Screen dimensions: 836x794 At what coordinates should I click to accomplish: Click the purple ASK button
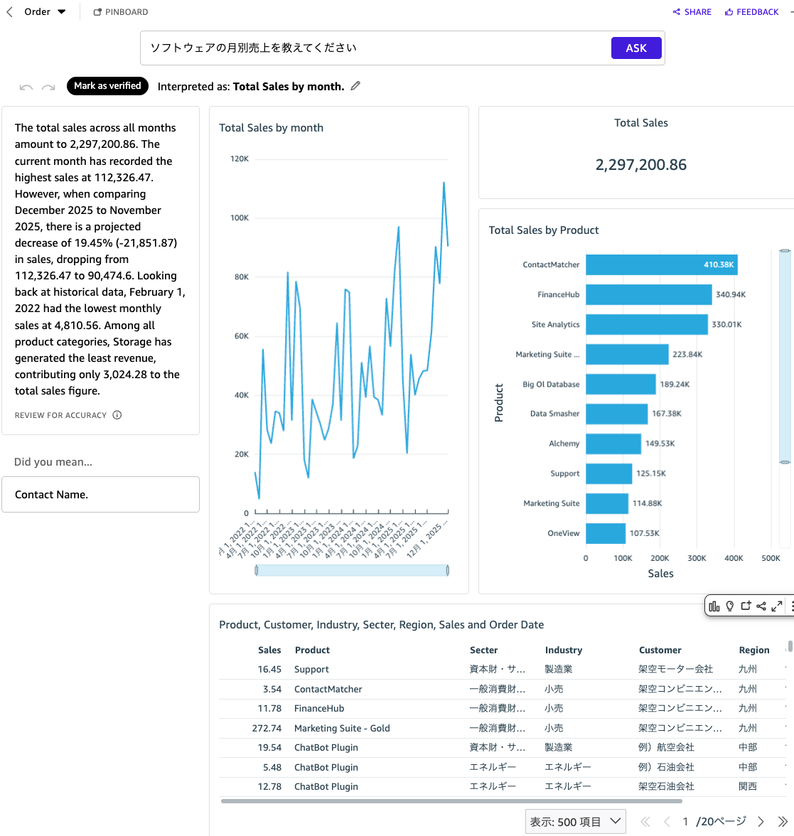click(636, 48)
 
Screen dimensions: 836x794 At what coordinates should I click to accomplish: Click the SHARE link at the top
click(692, 12)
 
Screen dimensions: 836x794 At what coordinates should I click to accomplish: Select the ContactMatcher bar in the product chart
click(661, 264)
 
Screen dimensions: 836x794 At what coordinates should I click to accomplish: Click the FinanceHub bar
click(648, 294)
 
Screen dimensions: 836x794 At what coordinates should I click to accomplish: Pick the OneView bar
click(605, 533)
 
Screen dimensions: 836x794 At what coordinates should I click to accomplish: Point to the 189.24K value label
click(675, 385)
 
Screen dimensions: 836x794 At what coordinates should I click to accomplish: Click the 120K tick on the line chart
click(240, 159)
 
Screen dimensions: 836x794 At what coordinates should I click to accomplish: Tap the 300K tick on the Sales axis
click(697, 558)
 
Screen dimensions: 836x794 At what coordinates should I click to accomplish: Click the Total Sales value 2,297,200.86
click(640, 165)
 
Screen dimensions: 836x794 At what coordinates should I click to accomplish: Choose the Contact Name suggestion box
click(100, 495)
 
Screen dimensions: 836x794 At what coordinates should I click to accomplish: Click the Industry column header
click(563, 650)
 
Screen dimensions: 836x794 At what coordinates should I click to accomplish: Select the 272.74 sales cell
click(267, 729)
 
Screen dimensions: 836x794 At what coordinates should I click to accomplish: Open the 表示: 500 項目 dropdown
click(575, 822)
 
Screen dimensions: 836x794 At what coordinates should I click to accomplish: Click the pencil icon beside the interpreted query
click(355, 86)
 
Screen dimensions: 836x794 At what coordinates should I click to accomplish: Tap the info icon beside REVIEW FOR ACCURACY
click(117, 415)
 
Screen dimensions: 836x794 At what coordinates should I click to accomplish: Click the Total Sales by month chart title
click(271, 128)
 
